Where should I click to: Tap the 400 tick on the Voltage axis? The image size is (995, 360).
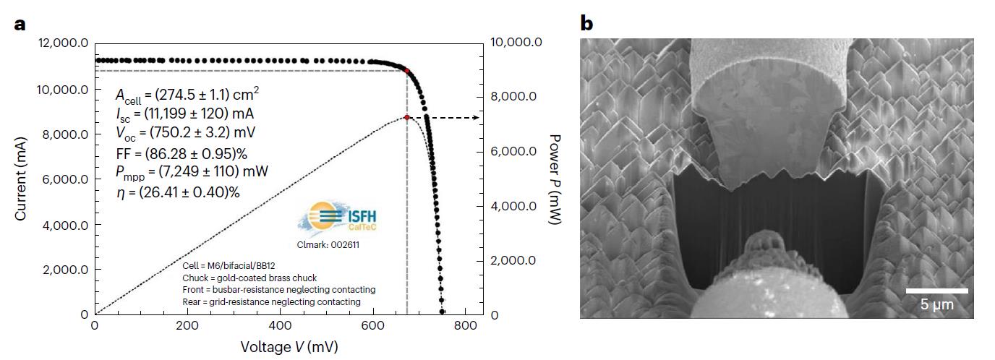coord(281,326)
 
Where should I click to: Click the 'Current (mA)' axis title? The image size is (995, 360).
coord(22,179)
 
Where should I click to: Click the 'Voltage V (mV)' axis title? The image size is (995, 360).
coord(289,347)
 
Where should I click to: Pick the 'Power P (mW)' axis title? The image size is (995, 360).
coord(555,179)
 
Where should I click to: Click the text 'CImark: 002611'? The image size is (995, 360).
coord(328,245)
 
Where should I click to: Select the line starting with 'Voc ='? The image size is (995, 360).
coord(185,133)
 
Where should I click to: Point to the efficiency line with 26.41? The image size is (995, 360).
coord(178,192)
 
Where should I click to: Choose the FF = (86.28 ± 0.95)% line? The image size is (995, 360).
coord(182,153)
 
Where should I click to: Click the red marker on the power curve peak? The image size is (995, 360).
coord(407,117)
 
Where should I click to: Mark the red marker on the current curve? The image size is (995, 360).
coord(407,71)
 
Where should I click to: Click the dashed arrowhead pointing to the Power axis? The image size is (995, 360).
coord(475,117)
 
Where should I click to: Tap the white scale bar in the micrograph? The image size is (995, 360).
coord(937,291)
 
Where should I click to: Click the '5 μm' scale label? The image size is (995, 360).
coord(937,304)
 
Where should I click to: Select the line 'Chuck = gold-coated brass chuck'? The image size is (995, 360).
coord(249,278)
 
